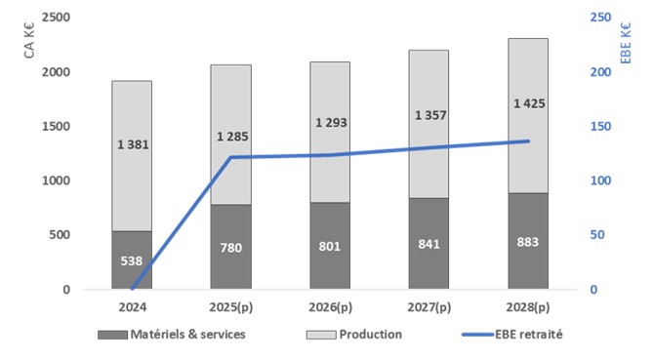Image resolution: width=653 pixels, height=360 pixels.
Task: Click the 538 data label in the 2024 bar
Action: tap(131, 261)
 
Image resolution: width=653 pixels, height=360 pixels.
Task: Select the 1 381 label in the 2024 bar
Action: tap(131, 144)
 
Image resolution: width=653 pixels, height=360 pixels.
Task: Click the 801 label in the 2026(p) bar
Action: tap(329, 248)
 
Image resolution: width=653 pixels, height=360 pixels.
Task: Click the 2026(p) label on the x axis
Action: tap(329, 309)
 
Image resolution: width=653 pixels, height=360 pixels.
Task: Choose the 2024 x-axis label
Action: tap(131, 309)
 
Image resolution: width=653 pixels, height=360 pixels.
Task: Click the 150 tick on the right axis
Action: tap(602, 127)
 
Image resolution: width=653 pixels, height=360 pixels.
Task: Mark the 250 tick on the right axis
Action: tap(602, 19)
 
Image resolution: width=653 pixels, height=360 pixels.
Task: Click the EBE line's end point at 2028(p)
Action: tap(528, 141)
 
